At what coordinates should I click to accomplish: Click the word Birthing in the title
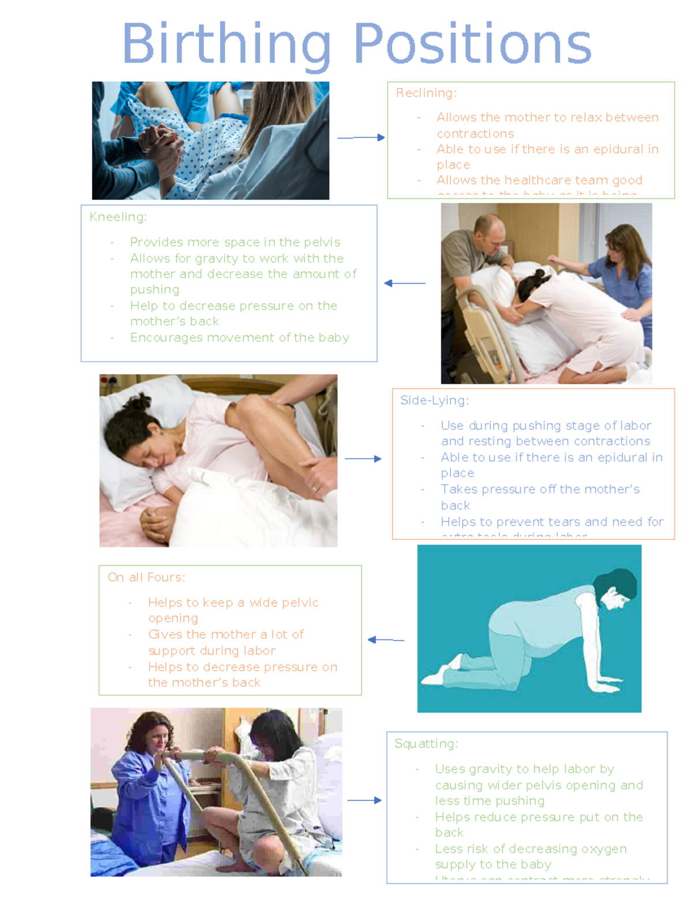[x=226, y=45]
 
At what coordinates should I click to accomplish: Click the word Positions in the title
[x=472, y=45]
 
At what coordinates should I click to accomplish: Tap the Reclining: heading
[x=426, y=93]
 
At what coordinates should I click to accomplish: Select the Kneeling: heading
[x=118, y=217]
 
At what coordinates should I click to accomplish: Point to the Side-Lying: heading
[x=434, y=400]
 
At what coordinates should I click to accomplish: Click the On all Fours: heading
[x=146, y=577]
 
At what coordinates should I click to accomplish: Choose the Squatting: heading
[x=426, y=743]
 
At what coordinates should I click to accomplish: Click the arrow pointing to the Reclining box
[x=361, y=137]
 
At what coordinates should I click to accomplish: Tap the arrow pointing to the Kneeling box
[x=404, y=283]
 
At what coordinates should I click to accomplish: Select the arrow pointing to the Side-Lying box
[x=363, y=459]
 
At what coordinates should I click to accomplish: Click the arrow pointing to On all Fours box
[x=386, y=639]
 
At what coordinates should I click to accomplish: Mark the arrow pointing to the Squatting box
[x=364, y=800]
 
